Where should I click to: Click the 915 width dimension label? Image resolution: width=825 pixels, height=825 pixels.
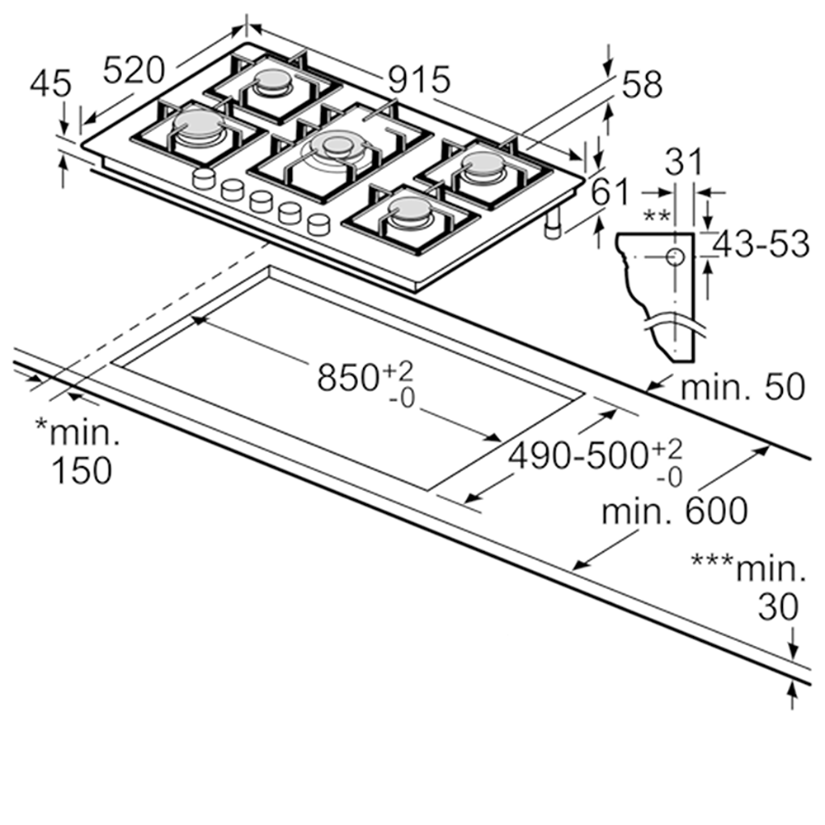pyautogui.click(x=420, y=80)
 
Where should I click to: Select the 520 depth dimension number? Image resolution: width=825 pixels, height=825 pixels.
pyautogui.click(x=134, y=70)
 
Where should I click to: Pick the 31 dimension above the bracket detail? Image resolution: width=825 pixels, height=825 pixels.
pyautogui.click(x=685, y=163)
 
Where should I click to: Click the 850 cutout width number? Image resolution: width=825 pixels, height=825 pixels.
pyautogui.click(x=347, y=379)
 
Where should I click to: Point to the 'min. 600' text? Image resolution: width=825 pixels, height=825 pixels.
pyautogui.click(x=674, y=511)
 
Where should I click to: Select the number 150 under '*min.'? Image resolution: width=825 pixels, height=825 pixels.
pyautogui.click(x=81, y=470)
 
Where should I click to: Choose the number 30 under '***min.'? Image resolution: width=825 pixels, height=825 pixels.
pyautogui.click(x=778, y=608)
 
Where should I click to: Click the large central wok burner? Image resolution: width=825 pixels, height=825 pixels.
pyautogui.click(x=337, y=147)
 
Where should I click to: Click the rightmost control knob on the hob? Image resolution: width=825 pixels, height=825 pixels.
pyautogui.click(x=318, y=223)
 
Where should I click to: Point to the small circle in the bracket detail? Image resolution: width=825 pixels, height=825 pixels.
pyautogui.click(x=675, y=257)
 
